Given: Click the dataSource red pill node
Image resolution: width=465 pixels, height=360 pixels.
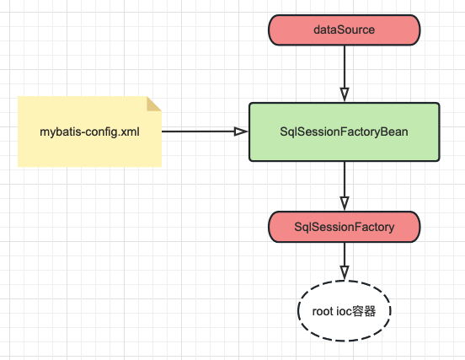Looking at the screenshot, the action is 345,30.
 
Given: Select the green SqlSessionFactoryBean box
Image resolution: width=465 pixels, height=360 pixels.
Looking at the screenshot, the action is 345,132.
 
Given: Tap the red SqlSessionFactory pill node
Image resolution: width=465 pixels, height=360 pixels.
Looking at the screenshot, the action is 345,227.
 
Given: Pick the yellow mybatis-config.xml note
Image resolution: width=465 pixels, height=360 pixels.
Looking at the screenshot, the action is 89,132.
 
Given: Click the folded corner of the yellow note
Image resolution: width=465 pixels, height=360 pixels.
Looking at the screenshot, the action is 154,104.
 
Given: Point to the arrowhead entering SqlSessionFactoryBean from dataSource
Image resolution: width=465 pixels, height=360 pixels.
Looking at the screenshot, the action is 345,94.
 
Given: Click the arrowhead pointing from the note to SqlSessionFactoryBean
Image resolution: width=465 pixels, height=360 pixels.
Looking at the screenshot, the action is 241,132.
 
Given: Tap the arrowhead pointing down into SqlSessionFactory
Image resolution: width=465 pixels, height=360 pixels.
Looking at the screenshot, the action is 345,203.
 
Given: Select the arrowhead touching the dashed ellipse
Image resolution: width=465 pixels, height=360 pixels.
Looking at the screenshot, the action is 345,273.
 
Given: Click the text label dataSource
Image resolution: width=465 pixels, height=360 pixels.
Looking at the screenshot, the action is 344,30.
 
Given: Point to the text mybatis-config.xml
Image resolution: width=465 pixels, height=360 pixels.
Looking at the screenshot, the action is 89,132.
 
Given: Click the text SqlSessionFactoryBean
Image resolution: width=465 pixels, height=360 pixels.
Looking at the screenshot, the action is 344,132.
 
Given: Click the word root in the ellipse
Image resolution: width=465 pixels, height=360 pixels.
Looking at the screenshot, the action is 323,312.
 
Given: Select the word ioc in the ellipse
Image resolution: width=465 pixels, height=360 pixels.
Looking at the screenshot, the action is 343,311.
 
